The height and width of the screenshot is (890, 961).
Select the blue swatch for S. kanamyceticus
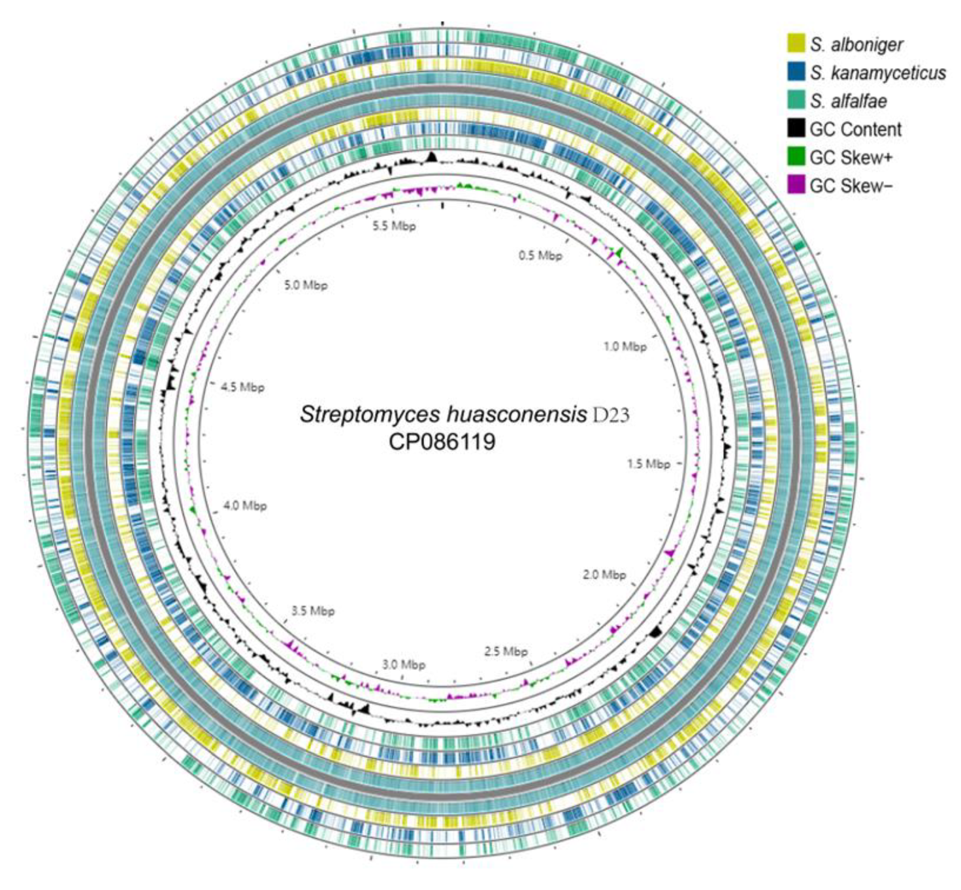(x=796, y=72)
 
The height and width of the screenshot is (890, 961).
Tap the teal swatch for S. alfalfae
(x=796, y=101)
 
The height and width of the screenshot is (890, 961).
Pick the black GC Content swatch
(x=796, y=129)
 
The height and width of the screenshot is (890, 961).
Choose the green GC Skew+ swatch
(x=796, y=157)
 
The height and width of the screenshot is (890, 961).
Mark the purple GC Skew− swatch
(x=796, y=185)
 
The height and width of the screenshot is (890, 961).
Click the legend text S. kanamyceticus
(x=878, y=72)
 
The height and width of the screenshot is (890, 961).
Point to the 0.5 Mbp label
(x=540, y=255)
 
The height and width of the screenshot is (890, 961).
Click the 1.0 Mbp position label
(x=625, y=347)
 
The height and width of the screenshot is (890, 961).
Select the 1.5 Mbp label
(x=649, y=464)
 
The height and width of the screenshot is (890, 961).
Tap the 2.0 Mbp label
(x=604, y=575)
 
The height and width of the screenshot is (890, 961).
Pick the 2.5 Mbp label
(x=506, y=652)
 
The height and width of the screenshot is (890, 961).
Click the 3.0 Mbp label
(x=404, y=665)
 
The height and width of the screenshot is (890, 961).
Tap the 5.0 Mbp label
(x=306, y=285)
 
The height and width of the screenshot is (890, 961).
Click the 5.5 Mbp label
(x=395, y=227)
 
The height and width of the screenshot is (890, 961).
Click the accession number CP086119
(x=442, y=442)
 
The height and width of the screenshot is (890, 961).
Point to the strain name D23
(x=611, y=414)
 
